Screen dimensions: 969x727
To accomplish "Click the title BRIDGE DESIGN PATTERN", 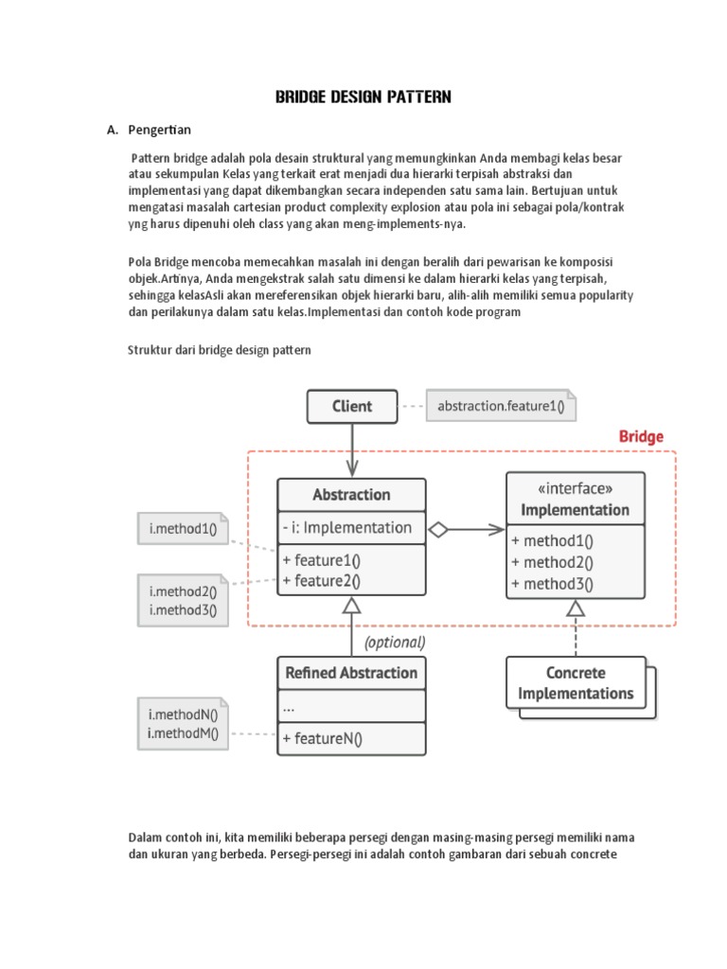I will click(x=363, y=97).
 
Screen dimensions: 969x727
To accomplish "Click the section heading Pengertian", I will click(x=157, y=130).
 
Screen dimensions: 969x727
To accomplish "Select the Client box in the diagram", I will click(x=351, y=407).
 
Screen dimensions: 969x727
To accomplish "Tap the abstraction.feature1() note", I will click(x=501, y=407).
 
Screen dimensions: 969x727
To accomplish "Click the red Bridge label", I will click(x=641, y=437).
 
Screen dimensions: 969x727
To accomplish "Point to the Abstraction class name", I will click(x=351, y=494).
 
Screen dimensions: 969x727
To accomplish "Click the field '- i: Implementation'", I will click(x=346, y=528).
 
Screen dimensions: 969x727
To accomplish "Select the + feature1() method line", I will click(x=321, y=559).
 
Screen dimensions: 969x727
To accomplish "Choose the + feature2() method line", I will click(x=321, y=580).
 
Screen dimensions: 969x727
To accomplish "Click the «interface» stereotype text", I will click(x=575, y=489).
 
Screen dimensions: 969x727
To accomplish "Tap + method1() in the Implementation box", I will click(x=552, y=541).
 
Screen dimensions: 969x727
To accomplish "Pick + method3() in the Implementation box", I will click(x=552, y=583).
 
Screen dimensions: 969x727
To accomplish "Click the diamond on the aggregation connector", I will click(x=437, y=530).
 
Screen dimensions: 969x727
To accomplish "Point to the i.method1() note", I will click(x=183, y=529).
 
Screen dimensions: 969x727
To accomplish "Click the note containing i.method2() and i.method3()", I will click(x=183, y=601).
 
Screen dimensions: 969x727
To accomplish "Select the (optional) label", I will click(x=394, y=642).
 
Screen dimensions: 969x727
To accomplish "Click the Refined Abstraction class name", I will click(x=351, y=673).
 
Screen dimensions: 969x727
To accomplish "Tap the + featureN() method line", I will click(x=322, y=739).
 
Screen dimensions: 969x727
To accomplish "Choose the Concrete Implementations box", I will click(x=575, y=683).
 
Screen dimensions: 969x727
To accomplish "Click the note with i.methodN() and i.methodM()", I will click(x=183, y=724).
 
